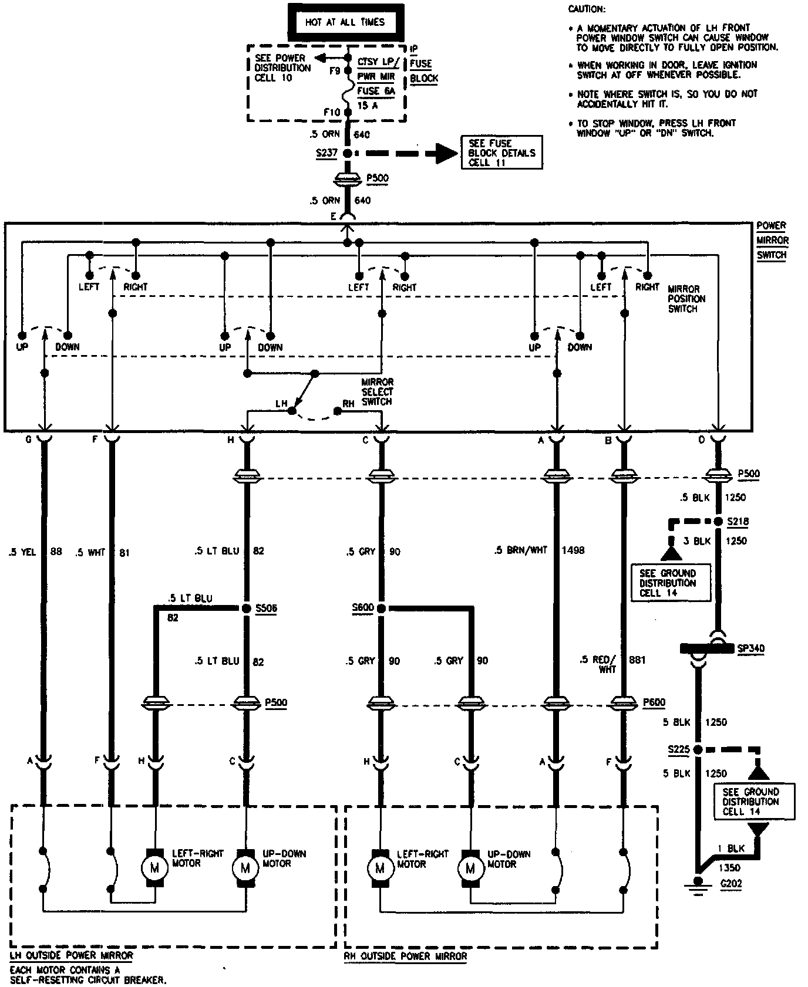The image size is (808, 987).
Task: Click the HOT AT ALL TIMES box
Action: (x=345, y=22)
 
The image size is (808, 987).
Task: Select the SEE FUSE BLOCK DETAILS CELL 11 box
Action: (x=501, y=153)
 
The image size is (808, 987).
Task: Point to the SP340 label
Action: (x=750, y=648)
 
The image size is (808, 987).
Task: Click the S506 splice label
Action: (x=266, y=609)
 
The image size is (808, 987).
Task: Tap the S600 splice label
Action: (x=362, y=607)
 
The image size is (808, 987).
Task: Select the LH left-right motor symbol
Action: (x=155, y=867)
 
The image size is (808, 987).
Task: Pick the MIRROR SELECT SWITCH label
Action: (x=377, y=391)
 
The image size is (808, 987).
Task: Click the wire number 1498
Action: (x=573, y=550)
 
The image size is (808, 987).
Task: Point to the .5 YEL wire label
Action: (x=22, y=552)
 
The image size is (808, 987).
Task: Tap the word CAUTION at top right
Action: (x=587, y=9)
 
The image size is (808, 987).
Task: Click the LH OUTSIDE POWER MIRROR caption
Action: (x=71, y=955)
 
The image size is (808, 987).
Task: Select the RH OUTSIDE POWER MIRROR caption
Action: (x=405, y=956)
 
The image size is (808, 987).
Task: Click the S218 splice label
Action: (x=738, y=521)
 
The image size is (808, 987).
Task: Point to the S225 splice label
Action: (x=678, y=749)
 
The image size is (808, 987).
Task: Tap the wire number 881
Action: (x=637, y=660)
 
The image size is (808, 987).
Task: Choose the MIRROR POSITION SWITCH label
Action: (x=686, y=299)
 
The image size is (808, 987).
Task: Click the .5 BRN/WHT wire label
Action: (x=521, y=550)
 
